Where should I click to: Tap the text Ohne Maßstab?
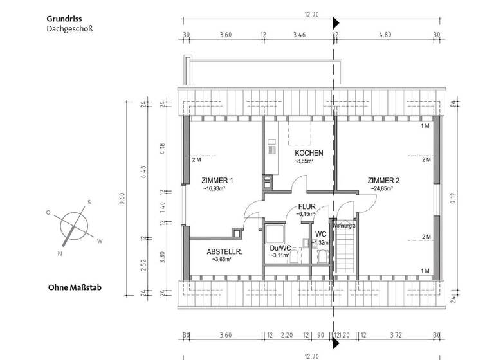(75, 287)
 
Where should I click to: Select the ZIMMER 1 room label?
(217, 180)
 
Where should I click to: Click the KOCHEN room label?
(309, 153)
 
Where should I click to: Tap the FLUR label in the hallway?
(307, 206)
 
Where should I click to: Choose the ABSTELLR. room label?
(224, 252)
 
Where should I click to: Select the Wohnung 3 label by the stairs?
(344, 226)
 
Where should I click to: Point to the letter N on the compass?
(59, 254)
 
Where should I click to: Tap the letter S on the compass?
(89, 202)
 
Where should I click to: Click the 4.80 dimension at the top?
(385, 35)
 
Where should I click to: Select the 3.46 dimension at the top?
(299, 35)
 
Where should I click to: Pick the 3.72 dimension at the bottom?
(396, 335)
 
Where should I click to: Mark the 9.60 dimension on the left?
(122, 203)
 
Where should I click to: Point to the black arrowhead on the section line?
(335, 24)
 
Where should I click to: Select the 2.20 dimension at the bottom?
(287, 335)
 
